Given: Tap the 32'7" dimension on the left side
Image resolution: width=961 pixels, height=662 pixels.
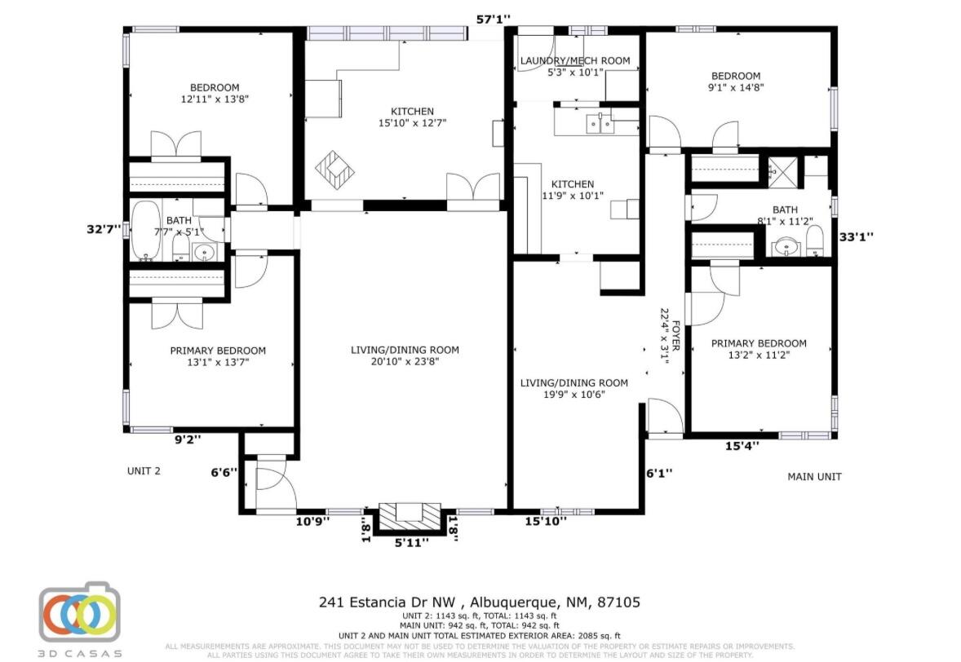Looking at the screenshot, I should [104, 229].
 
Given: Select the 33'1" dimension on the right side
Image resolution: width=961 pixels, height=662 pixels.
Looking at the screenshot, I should [857, 237].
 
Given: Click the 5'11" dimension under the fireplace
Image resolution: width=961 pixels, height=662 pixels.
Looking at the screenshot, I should [411, 543].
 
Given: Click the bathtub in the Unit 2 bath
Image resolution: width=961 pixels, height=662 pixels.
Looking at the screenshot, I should [148, 231].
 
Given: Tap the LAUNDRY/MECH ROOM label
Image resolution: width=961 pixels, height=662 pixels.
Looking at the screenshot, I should [575, 60].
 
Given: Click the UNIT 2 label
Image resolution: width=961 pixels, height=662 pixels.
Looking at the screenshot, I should [144, 470].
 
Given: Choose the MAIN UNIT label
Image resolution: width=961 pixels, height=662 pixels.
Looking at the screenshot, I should [813, 476].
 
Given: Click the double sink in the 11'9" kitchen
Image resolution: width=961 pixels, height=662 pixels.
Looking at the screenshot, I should [600, 125].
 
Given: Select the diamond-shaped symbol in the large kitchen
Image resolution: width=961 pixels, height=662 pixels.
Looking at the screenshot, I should [335, 169].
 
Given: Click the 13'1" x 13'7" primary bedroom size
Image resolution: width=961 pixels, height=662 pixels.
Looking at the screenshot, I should [217, 362].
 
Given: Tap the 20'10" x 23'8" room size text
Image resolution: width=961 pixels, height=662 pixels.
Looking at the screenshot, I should [405, 361].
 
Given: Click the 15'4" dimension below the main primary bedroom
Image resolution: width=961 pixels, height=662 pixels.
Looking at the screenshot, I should [742, 445].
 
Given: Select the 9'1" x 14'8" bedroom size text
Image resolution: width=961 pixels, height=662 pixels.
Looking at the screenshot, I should [736, 87].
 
